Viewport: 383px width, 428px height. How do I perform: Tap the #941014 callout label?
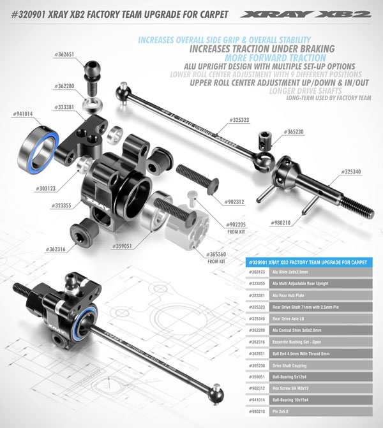[x=23, y=114]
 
